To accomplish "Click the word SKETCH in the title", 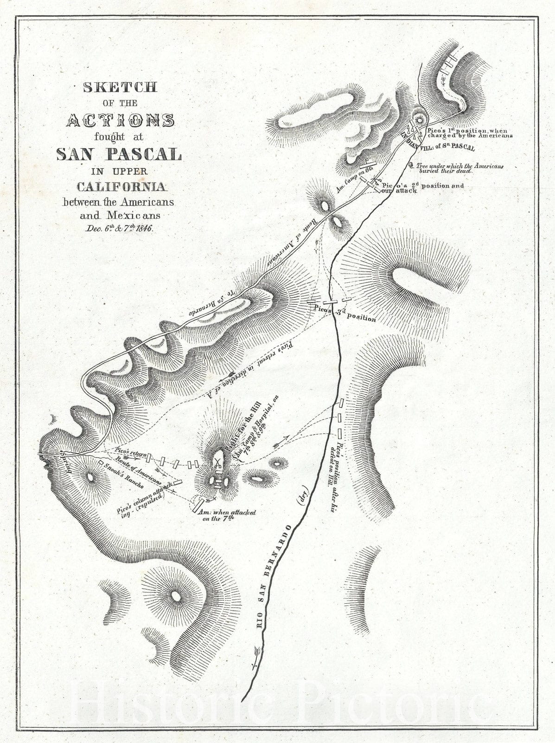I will (120, 87).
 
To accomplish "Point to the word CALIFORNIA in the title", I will (121, 187).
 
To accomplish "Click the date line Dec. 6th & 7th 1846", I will (120, 228).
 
